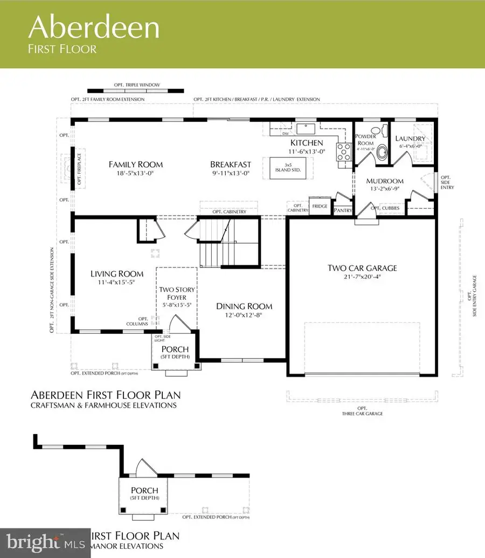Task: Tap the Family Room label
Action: pos(136,164)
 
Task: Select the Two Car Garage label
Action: pos(363,268)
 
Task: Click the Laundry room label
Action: pos(411,139)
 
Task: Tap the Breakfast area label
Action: pos(231,164)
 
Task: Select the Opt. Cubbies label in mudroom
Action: pos(387,207)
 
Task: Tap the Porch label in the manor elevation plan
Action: pos(144,491)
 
